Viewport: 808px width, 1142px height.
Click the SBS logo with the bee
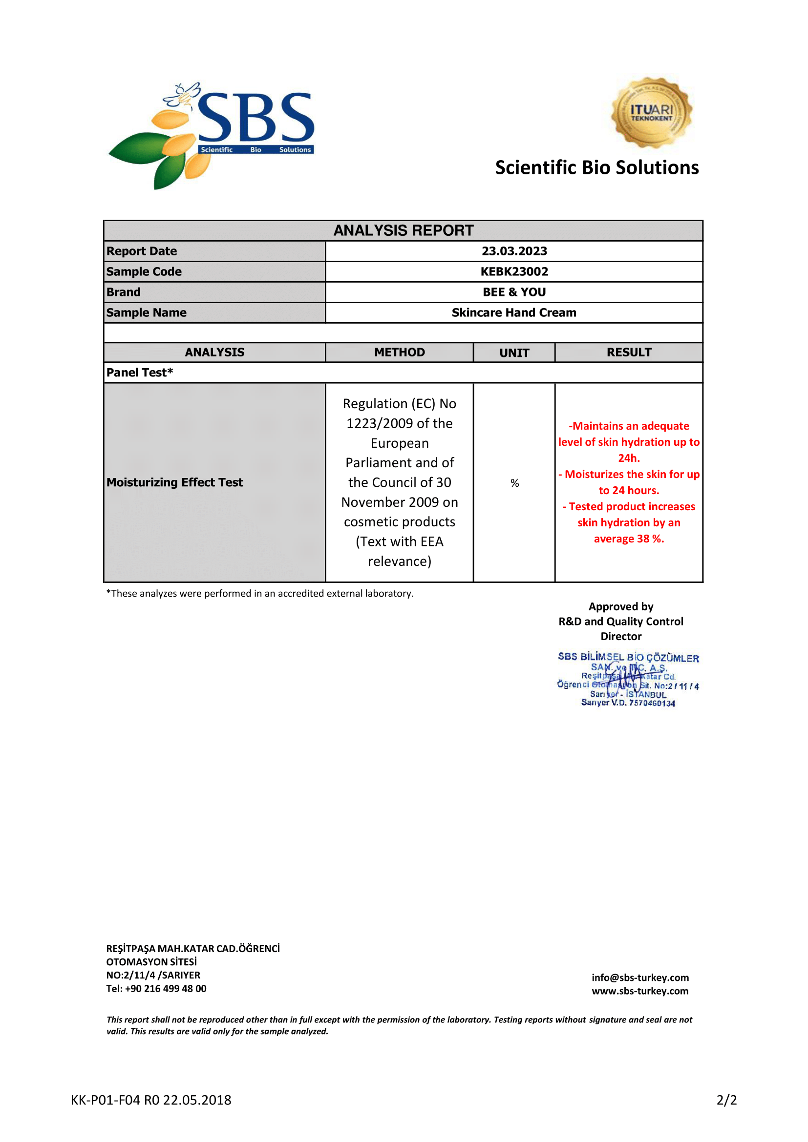[x=212, y=134]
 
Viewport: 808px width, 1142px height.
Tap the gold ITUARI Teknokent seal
[x=651, y=112]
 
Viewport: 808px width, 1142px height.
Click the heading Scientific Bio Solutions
[x=596, y=167]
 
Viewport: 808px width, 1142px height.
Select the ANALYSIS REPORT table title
[x=403, y=230]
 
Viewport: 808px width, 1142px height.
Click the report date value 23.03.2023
[x=514, y=251]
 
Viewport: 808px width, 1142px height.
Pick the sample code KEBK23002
[x=514, y=271]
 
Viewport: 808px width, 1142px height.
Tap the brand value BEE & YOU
[x=514, y=292]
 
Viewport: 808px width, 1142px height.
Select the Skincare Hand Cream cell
[x=514, y=312]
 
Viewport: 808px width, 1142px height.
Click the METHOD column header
[x=400, y=352]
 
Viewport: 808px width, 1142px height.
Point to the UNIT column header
[x=514, y=353]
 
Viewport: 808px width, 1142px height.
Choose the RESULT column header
[x=629, y=352]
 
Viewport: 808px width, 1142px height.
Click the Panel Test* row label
[x=140, y=373]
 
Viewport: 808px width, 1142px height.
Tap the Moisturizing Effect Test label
[x=174, y=482]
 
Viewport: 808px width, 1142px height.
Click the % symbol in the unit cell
[x=514, y=483]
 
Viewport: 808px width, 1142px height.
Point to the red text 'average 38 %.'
[x=629, y=539]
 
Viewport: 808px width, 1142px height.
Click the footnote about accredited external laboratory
[x=260, y=593]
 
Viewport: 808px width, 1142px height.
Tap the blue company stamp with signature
[x=628, y=680]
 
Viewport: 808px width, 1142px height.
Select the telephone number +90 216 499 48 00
[x=165, y=989]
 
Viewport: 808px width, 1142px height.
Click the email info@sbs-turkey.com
[x=640, y=977]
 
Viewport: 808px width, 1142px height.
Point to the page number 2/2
[x=726, y=1100]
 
